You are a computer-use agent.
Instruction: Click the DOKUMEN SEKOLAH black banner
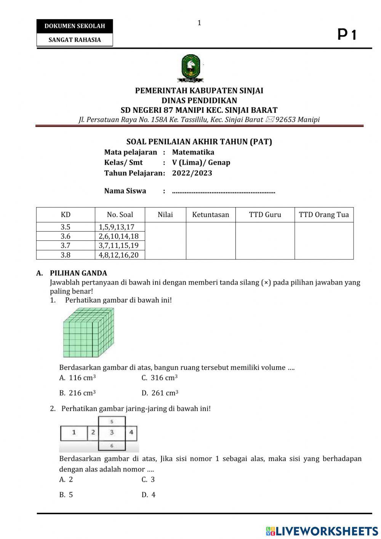coord(75,26)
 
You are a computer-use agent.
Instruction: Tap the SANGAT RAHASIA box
coord(75,40)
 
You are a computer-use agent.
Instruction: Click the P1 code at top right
coord(347,35)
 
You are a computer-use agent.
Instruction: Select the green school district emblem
coord(190,68)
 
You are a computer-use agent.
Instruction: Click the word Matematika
coord(193,152)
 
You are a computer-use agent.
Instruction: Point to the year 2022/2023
coord(192,173)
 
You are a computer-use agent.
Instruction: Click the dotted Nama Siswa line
coord(224,191)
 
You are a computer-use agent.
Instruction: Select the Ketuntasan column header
coord(211,215)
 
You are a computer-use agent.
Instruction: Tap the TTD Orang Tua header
coord(324,215)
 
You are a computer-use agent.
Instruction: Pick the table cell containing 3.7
coord(66,246)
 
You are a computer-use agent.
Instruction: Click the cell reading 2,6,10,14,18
coord(119,236)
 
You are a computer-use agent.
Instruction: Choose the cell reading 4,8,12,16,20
coord(119,255)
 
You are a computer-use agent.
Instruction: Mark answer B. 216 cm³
coord(78,393)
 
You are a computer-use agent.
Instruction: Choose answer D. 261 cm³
coord(160,393)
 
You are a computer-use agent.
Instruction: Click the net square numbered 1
coord(74,433)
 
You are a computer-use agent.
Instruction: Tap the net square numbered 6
coord(112,446)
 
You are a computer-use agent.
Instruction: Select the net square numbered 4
coord(131,433)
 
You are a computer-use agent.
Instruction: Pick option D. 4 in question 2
coord(149,495)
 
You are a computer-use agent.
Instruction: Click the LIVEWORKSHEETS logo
coord(322,531)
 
